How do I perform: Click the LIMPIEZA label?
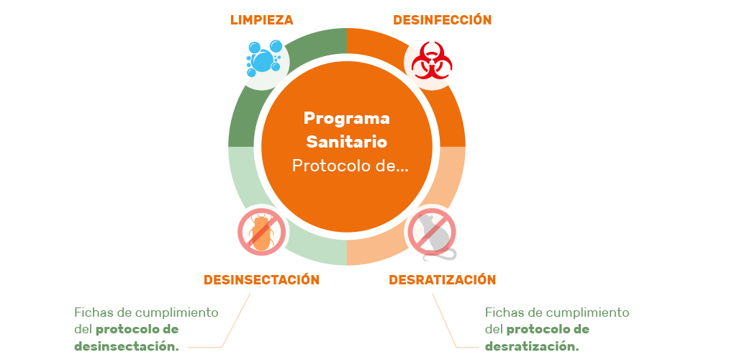pos(261,20)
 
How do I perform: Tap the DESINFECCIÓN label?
pos(442,20)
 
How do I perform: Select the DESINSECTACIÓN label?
pos(261,279)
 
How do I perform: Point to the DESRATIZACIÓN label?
pos(443,279)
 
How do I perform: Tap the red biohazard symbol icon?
pos(432,62)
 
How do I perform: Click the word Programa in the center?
pos(346,118)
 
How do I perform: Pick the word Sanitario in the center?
pos(346,142)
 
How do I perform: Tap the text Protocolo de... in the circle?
pos(350,166)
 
